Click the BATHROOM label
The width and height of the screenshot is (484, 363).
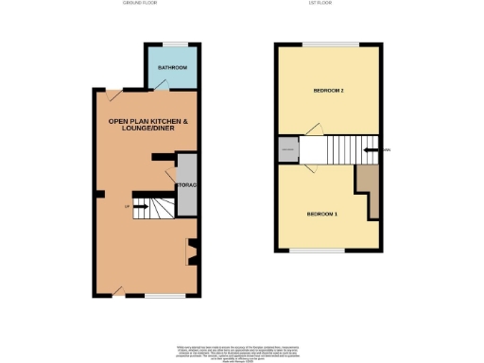(172, 69)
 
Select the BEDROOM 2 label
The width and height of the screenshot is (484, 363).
(328, 91)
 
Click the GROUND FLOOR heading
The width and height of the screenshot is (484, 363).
(140, 4)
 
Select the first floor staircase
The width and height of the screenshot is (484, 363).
(340, 148)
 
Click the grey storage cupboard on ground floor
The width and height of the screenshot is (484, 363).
(185, 184)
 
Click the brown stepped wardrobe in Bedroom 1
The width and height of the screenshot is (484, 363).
(368, 188)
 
